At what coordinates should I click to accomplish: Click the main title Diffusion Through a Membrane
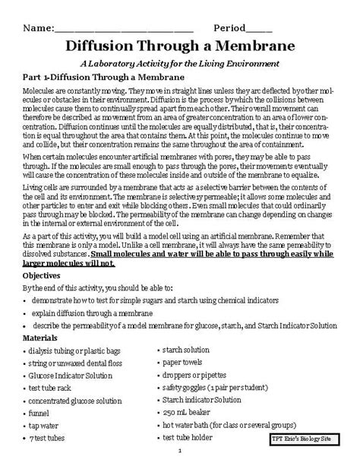coord(180,45)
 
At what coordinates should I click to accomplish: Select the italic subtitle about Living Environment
coord(180,63)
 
